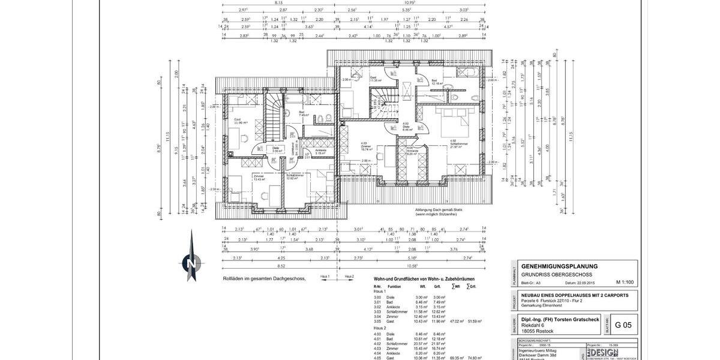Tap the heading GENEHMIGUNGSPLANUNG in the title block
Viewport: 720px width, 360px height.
pos(559,266)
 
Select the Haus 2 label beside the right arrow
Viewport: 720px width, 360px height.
pos(349,277)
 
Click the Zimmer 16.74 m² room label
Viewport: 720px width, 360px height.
pos(367,147)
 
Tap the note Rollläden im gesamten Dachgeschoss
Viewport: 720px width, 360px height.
pos(264,278)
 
